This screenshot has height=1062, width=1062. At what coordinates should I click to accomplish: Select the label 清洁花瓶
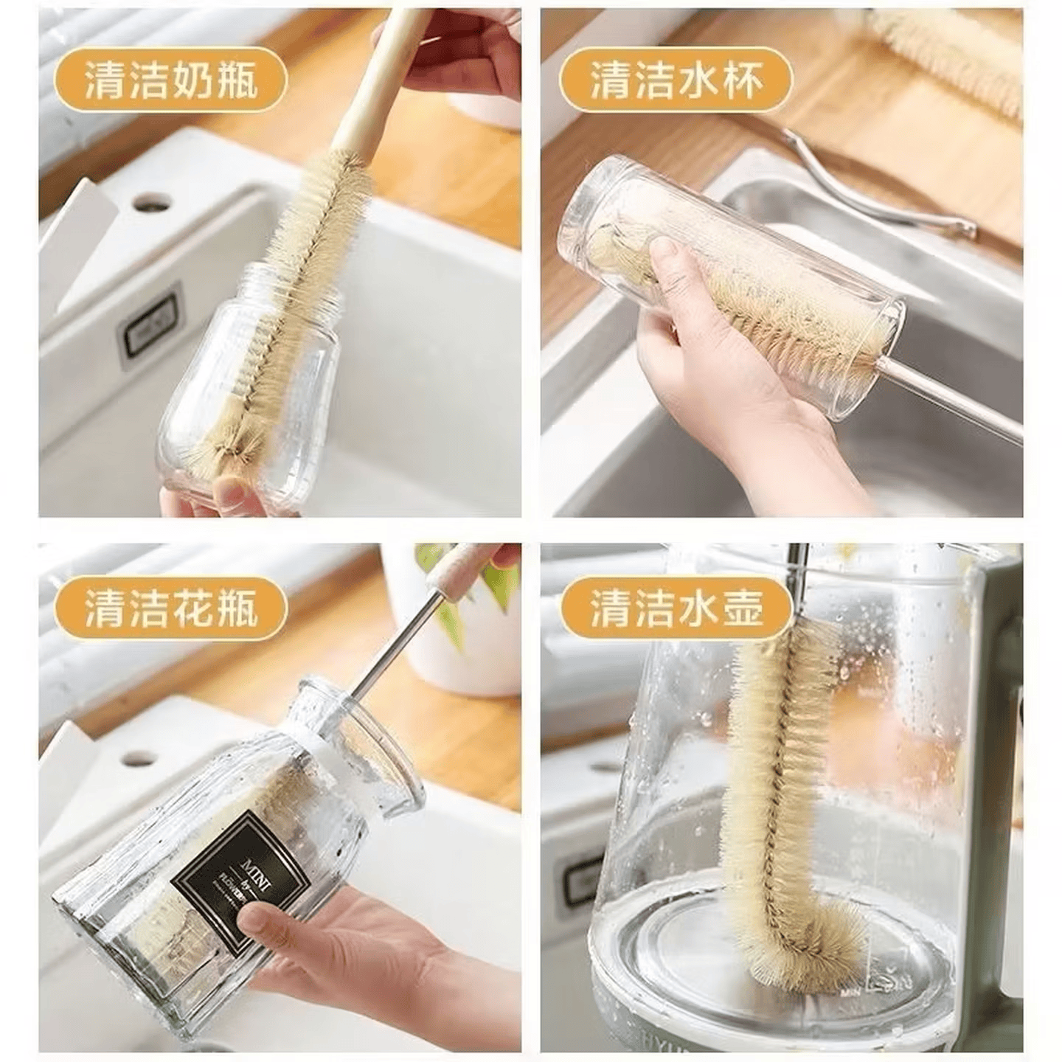click(171, 609)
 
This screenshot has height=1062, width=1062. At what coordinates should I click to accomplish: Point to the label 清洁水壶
click(676, 609)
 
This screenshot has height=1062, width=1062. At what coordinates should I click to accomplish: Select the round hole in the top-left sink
click(153, 201)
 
